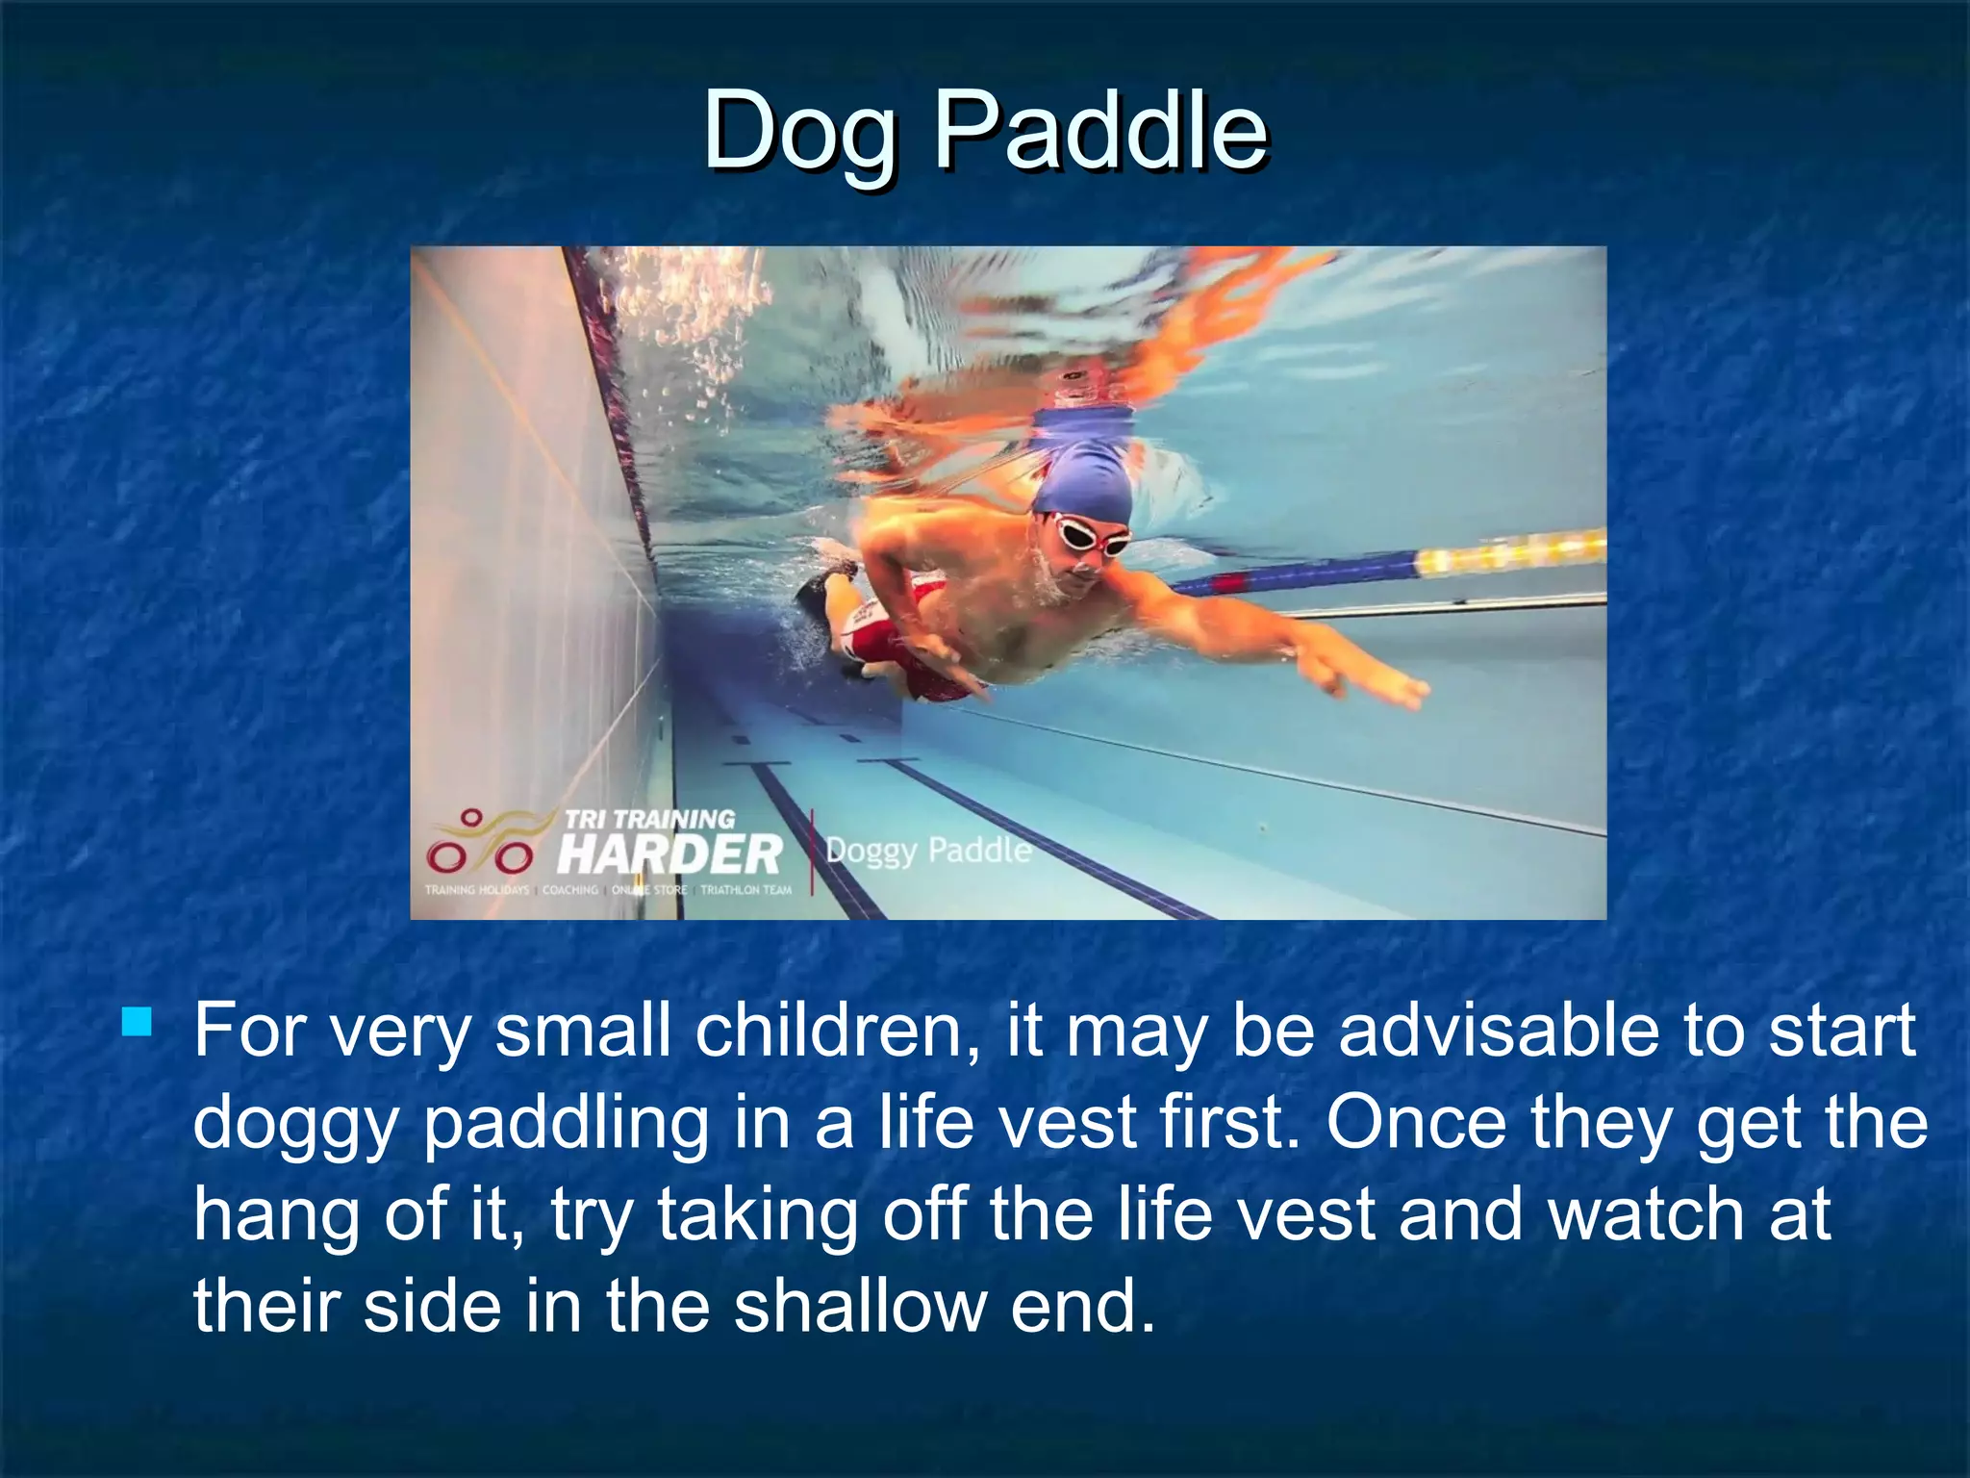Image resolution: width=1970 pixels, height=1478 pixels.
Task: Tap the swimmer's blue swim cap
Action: coord(1081,473)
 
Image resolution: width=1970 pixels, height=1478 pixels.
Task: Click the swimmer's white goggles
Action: coord(1090,534)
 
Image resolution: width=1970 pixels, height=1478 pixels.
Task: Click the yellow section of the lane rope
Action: coord(1510,554)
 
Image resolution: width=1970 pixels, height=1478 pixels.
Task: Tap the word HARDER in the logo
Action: coord(669,853)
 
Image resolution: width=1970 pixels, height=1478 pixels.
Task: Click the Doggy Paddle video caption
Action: coord(927,851)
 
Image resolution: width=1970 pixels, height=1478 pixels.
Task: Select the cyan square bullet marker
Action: coord(138,1021)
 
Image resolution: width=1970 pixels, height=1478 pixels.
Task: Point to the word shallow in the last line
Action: coord(860,1307)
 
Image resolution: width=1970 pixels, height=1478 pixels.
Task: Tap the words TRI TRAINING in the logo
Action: coord(649,819)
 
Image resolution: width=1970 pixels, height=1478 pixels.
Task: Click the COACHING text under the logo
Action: coord(569,890)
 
